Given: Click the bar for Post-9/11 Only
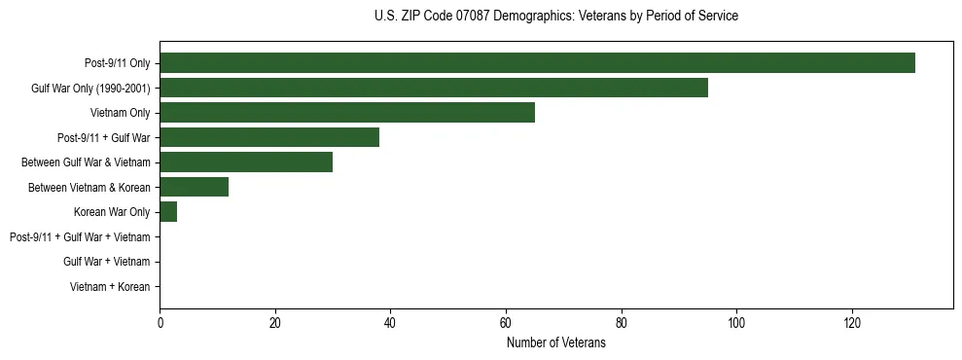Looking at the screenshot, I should coord(537,63).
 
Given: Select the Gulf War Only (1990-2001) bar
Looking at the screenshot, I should coord(434,88).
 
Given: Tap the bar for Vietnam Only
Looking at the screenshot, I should coord(347,113).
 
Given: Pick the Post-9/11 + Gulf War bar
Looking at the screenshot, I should coord(269,137).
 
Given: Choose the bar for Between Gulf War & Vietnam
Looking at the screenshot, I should coord(246,162).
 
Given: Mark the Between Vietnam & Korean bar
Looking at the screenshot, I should coord(195,187).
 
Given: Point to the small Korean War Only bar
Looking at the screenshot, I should coord(168,212).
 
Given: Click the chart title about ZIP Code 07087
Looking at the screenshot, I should coord(555,17).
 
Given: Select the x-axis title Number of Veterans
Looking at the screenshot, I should coord(555,342).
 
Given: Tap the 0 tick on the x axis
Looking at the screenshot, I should coord(160,323).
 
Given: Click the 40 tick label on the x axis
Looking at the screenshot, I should coord(390,323).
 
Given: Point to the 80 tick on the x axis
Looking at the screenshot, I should coord(621,323).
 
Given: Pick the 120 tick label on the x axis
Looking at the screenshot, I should coord(851,323).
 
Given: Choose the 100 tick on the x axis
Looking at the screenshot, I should coord(736,323).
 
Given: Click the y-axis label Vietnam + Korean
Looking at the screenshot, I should coord(110,287).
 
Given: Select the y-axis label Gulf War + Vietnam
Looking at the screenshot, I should coord(106,262).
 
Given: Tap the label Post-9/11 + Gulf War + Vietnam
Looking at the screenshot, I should coord(80,237).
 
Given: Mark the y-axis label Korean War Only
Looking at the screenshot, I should coord(112,212).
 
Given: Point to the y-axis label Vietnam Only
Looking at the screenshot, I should coord(120,113).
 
